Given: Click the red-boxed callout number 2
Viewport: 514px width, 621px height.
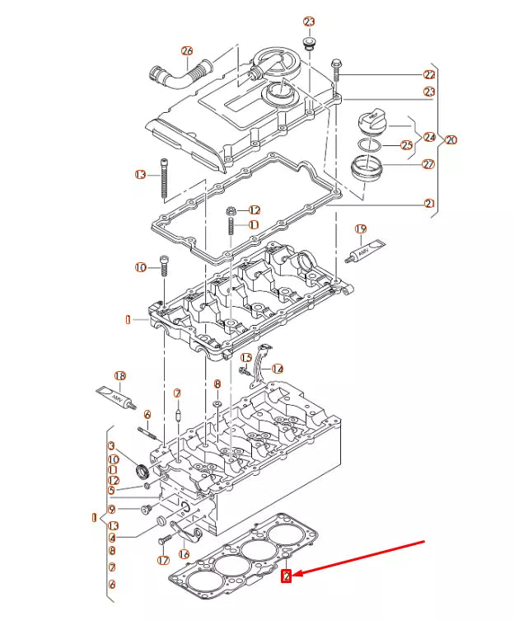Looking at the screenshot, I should pyautogui.click(x=286, y=577).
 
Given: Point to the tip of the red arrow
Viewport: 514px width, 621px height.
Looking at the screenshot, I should pyautogui.click(x=296, y=574).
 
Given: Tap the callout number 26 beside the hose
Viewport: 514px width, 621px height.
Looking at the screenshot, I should pyautogui.click(x=186, y=50).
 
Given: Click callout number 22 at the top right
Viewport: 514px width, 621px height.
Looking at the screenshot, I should pyautogui.click(x=428, y=74).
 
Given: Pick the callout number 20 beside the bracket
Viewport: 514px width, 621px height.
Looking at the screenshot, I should pyautogui.click(x=451, y=139).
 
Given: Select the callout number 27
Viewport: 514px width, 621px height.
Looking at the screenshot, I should pyautogui.click(x=428, y=164).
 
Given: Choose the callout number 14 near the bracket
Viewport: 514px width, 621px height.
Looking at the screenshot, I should pyautogui.click(x=277, y=369).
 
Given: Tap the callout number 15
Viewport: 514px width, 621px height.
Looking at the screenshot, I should pyautogui.click(x=245, y=358).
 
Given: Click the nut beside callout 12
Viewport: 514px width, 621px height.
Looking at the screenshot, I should pyautogui.click(x=232, y=211).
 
